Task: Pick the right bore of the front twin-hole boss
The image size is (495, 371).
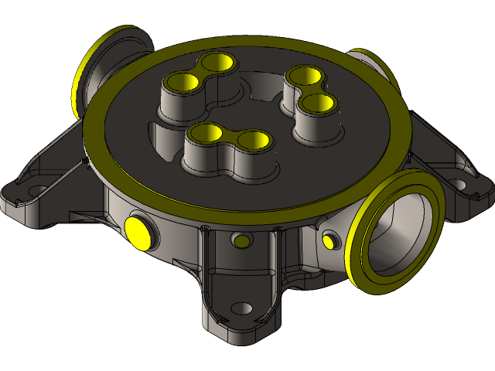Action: [252, 140]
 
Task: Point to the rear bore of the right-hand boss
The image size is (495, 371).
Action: [302, 76]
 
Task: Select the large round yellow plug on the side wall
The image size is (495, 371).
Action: [137, 230]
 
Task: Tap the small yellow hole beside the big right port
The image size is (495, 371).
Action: [329, 240]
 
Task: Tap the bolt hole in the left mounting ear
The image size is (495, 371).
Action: [35, 188]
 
